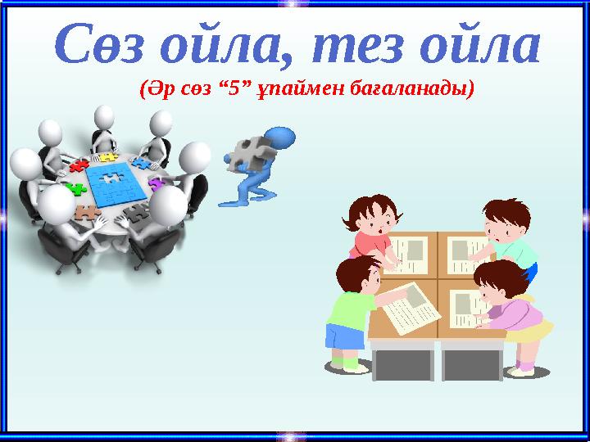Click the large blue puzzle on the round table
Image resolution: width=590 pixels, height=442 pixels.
(x=117, y=182)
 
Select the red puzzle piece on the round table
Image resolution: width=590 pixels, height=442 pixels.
(x=79, y=166)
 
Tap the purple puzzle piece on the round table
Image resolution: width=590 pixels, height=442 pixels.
(x=155, y=183)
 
